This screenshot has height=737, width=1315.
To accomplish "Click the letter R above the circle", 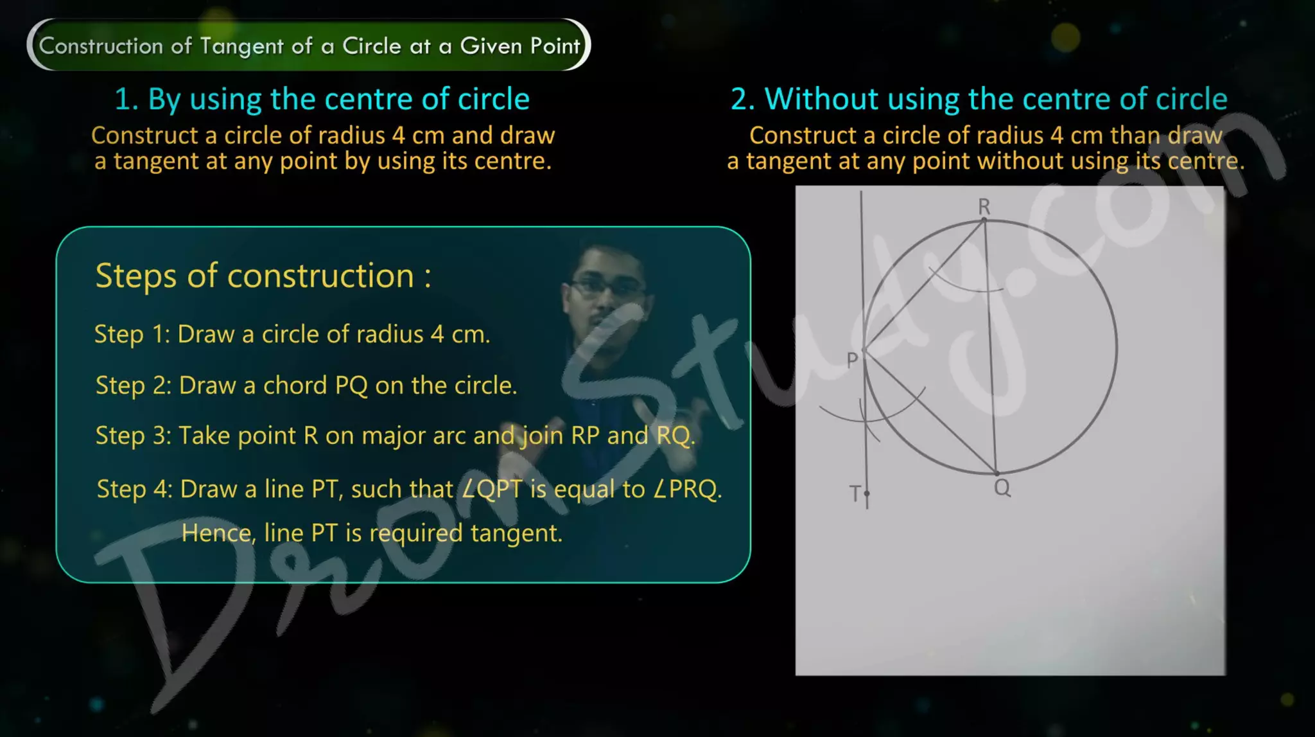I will click(984, 207).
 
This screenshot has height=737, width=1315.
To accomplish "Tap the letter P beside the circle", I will click(852, 360).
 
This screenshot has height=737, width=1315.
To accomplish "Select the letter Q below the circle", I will click(1002, 488).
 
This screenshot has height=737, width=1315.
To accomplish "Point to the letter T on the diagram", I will click(855, 493).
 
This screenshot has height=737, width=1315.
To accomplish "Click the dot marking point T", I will click(867, 493).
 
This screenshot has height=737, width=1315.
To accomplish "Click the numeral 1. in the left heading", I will click(126, 100).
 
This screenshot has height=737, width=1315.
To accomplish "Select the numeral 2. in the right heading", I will click(743, 100).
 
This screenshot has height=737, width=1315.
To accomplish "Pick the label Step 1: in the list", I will click(132, 335).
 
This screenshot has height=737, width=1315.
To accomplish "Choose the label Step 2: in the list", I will click(133, 386).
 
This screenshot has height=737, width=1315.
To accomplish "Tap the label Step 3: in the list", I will click(133, 436).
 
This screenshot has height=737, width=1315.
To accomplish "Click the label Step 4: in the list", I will click(134, 490).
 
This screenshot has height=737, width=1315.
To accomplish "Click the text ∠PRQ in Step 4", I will click(687, 490).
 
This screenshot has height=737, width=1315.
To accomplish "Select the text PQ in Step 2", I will click(351, 386).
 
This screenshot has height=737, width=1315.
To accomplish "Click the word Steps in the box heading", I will click(135, 276).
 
